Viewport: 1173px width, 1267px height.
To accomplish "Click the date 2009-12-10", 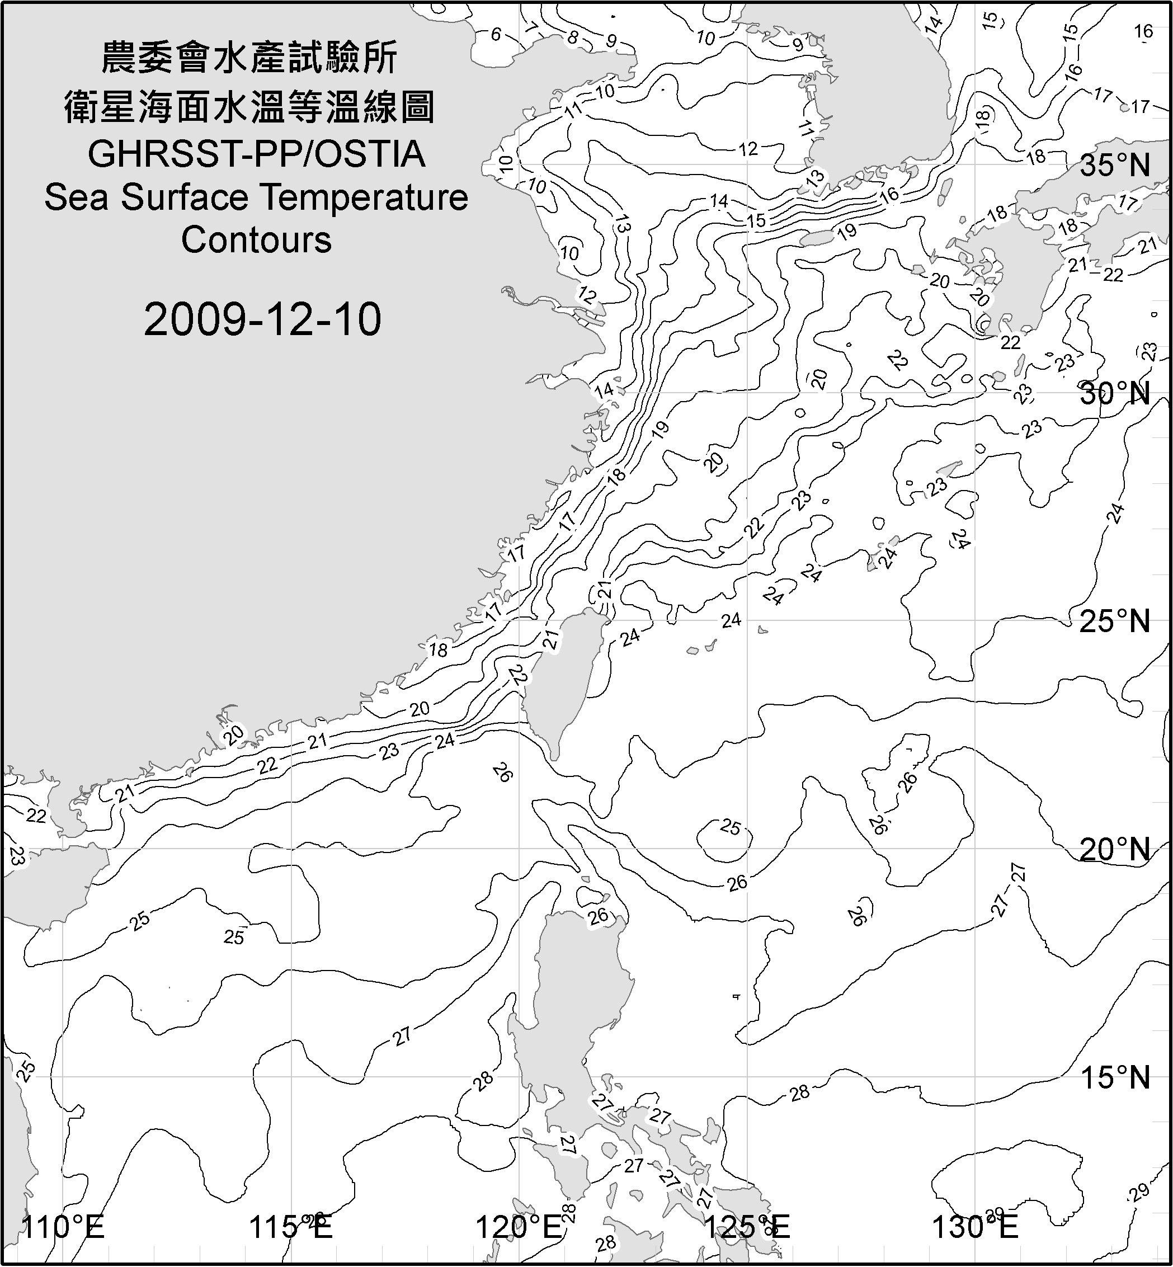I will click(262, 319).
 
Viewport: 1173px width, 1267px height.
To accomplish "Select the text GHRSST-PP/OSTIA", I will click(256, 154).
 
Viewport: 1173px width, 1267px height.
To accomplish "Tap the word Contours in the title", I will click(256, 240).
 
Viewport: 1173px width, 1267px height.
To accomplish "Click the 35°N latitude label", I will click(1115, 166).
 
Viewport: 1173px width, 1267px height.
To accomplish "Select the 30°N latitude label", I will click(1115, 394).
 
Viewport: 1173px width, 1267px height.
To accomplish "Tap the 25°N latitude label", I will click(1115, 621).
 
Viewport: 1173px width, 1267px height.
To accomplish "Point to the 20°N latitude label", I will click(1115, 849).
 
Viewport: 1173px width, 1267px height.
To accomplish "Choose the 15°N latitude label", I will click(1115, 1077).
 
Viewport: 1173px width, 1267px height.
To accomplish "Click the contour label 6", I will click(496, 34).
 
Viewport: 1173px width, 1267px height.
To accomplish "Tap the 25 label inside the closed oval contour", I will click(731, 827).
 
